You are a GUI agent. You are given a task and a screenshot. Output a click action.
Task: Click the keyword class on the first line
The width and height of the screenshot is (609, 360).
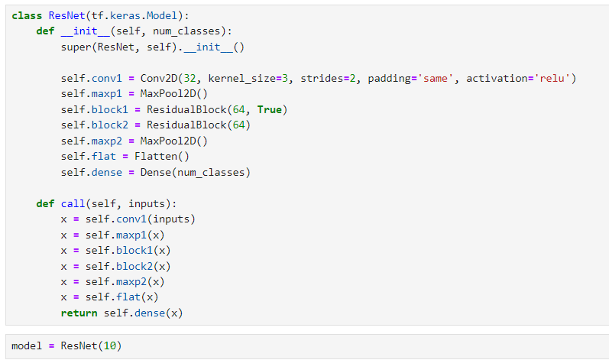tap(27, 15)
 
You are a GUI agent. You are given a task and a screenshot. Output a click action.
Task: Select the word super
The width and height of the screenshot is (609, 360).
tap(76, 47)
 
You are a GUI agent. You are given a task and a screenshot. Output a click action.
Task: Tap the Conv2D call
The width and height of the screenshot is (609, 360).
tap(158, 78)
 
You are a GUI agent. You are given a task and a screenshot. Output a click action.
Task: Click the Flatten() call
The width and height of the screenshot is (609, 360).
tap(161, 157)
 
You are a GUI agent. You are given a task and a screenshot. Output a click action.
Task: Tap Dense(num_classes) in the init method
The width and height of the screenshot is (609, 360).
tap(195, 172)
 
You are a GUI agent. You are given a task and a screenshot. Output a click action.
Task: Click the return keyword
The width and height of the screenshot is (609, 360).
tap(79, 313)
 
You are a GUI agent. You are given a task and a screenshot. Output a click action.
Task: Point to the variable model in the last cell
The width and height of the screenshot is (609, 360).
tap(27, 345)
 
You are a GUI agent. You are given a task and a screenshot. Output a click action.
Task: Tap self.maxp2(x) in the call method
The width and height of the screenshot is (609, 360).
tap(125, 281)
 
